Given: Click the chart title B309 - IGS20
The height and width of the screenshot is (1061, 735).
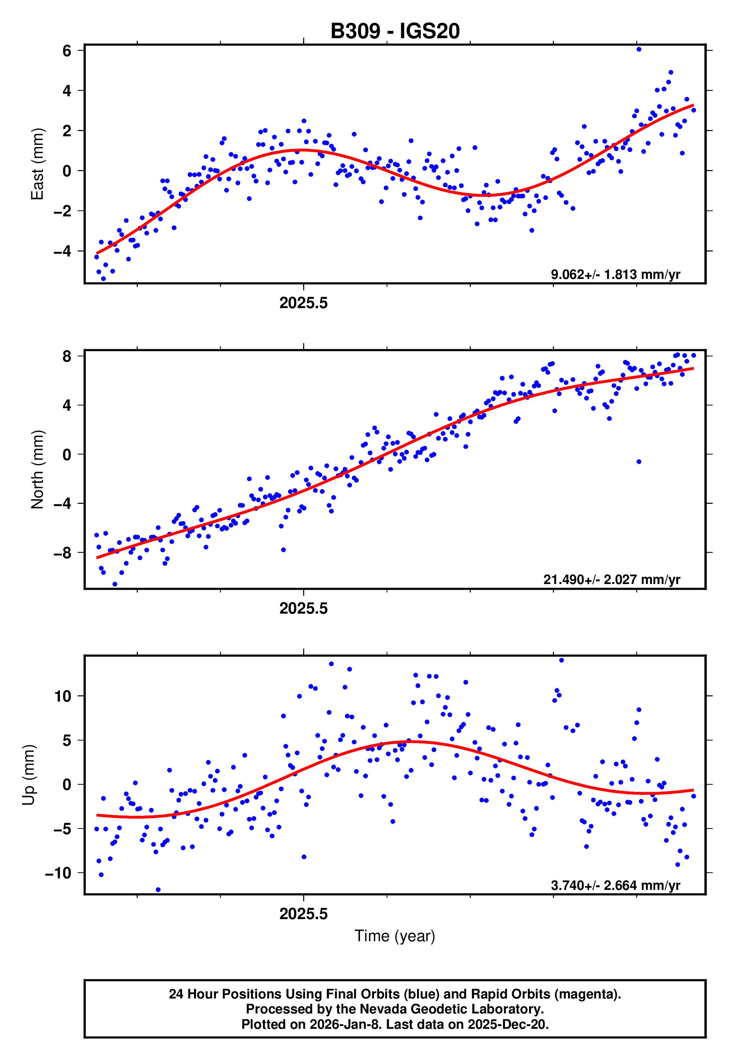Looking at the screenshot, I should [x=395, y=31].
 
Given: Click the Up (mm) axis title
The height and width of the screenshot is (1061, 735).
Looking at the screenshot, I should [x=28, y=775].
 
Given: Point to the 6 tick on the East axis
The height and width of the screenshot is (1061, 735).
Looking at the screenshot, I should [x=67, y=51].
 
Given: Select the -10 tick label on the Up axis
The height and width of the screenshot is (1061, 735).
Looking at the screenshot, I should [x=58, y=873].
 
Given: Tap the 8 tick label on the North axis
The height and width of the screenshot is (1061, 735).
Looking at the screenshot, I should [x=67, y=356].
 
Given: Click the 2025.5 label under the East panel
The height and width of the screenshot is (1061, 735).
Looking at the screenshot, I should [x=303, y=303].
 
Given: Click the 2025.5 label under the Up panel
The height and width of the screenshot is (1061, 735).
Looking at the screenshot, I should [x=303, y=914].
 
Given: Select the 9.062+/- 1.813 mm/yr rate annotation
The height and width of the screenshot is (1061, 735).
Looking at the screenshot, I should [x=615, y=275].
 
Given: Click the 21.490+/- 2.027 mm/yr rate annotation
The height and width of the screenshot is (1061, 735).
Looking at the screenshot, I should [x=612, y=580].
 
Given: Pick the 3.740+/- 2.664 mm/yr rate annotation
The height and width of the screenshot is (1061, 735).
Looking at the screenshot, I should [x=615, y=885].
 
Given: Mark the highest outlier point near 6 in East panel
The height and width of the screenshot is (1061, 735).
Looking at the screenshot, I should [x=639, y=49].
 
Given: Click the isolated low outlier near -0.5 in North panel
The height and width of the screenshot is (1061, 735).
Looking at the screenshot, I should [x=639, y=462].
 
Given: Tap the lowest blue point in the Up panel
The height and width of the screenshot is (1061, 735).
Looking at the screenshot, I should [x=158, y=890].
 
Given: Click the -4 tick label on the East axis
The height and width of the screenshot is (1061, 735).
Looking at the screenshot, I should [x=63, y=252].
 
